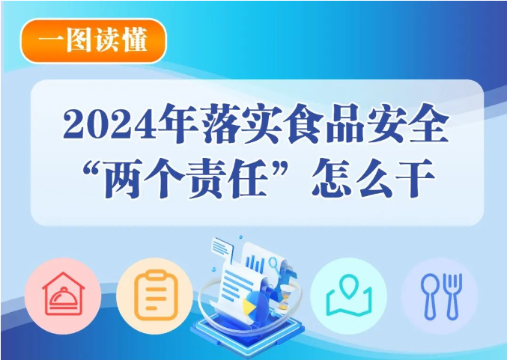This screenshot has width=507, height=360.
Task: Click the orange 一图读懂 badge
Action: tap(93, 40)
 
